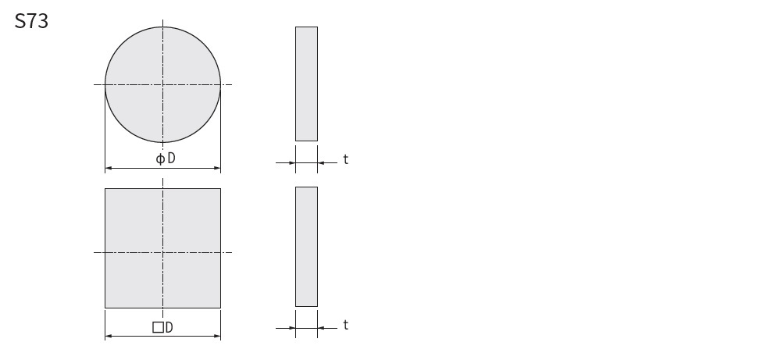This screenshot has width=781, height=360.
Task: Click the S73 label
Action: point(31,21)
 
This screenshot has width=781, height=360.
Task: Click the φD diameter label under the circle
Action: point(166,159)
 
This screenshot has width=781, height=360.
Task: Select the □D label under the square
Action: point(163,327)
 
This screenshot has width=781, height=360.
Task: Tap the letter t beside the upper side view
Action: point(346,159)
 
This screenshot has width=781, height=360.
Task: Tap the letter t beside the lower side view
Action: point(346,325)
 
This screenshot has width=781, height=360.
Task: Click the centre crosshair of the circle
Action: point(163,84)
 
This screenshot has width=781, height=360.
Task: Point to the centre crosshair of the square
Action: point(163,252)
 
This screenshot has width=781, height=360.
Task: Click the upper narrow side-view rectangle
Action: point(306,84)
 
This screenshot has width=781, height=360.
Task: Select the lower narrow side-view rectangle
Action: point(306,247)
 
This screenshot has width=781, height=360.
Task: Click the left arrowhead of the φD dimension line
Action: point(108,169)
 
